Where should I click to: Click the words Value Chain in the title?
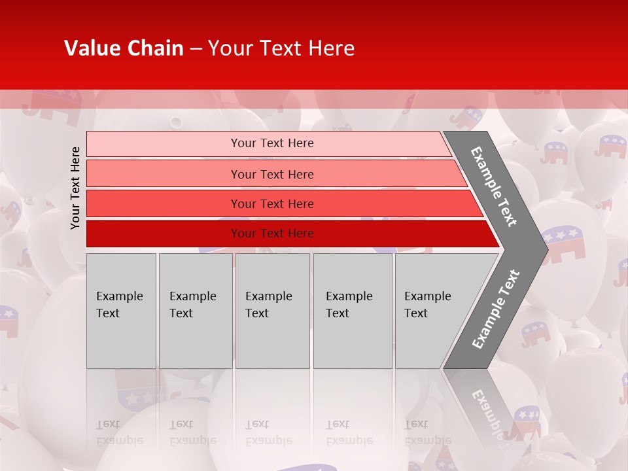124,48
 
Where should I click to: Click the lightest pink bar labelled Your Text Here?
271,143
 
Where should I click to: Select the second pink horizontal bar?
271,174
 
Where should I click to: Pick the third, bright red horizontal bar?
271,203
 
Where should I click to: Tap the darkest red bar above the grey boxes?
271,234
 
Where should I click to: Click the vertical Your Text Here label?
76,188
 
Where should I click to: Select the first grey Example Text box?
121,311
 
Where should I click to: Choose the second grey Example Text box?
195,311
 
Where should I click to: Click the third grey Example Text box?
272,311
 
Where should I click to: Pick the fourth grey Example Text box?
352,311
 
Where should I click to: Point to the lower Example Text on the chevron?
496,309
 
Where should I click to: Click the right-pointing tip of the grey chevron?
543,249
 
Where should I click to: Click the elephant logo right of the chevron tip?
564,242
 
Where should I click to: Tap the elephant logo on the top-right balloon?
610,146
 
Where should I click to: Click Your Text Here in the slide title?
281,48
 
